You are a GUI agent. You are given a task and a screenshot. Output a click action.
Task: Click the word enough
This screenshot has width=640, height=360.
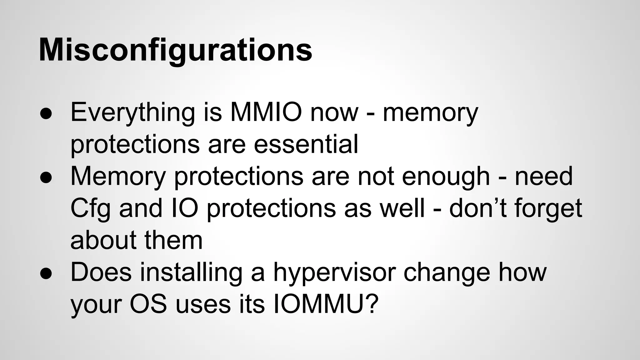point(446,177)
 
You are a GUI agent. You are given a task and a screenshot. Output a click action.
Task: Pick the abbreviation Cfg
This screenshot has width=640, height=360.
point(90,209)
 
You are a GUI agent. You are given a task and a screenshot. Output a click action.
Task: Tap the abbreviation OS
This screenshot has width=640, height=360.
point(148,304)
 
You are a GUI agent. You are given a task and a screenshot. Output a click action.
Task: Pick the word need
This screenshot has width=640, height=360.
point(543,177)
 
